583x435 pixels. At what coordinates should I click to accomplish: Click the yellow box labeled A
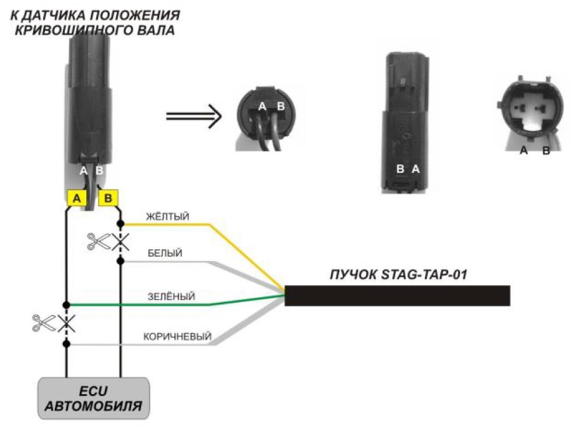pyautogui.click(x=76, y=198)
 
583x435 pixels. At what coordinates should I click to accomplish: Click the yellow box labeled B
pyautogui.click(x=108, y=198)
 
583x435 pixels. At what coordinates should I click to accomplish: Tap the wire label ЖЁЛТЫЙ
pyautogui.click(x=168, y=216)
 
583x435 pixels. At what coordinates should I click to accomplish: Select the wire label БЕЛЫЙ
pyautogui.click(x=165, y=253)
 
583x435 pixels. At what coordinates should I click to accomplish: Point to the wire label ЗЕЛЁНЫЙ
pyautogui.click(x=171, y=296)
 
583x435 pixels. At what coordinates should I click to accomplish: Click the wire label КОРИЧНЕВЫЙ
pyautogui.click(x=177, y=337)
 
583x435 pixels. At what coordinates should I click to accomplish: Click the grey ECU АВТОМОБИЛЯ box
pyautogui.click(x=94, y=398)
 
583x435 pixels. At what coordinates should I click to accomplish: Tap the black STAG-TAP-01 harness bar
pyautogui.click(x=397, y=296)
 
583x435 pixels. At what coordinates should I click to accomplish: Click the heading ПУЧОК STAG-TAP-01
pyautogui.click(x=398, y=274)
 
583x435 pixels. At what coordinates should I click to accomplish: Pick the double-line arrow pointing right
pyautogui.click(x=194, y=116)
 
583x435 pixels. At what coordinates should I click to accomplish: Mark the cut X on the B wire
pyautogui.click(x=121, y=242)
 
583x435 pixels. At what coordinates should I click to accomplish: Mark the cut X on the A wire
pyautogui.click(x=66, y=323)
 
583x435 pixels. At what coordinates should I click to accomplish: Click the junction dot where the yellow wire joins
pyautogui.click(x=121, y=224)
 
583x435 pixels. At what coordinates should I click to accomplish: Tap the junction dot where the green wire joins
pyautogui.click(x=66, y=305)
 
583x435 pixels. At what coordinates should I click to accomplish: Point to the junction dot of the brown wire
pyautogui.click(x=66, y=344)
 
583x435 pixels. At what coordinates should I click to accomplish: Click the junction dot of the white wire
pyautogui.click(x=121, y=261)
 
